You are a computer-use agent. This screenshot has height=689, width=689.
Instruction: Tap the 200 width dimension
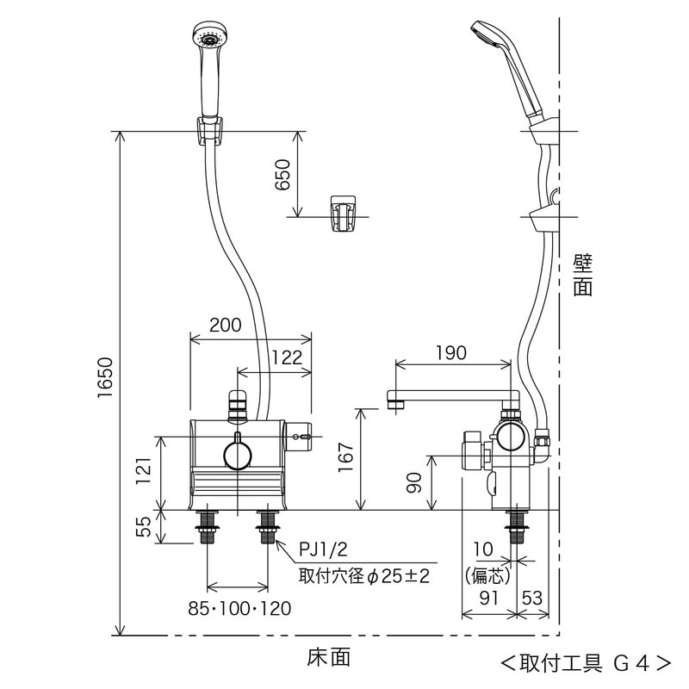(x=226, y=325)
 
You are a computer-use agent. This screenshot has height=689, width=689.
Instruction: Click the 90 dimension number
(x=414, y=483)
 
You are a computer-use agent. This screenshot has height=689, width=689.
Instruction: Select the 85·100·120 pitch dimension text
(x=239, y=609)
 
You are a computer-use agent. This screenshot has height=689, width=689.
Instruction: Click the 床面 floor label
(x=329, y=657)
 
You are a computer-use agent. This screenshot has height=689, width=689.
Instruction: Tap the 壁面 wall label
(x=583, y=275)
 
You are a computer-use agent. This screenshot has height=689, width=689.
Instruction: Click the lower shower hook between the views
(x=343, y=213)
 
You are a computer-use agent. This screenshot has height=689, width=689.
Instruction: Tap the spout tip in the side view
(x=397, y=400)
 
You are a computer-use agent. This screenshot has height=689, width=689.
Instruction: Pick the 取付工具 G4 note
(x=586, y=663)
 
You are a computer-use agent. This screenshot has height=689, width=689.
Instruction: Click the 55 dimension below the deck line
(x=144, y=525)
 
